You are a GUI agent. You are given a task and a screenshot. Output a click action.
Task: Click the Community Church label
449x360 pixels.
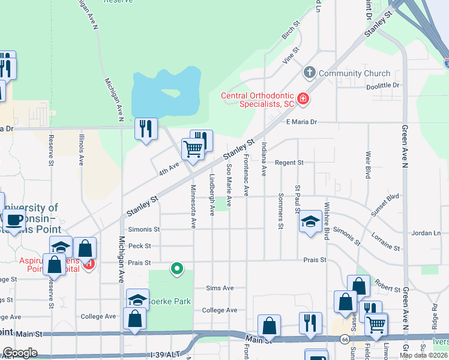coord(354,73)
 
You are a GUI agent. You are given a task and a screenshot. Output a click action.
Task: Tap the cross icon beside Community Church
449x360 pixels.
coord(310,73)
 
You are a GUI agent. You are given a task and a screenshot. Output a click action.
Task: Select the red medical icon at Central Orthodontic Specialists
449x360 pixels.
coord(303,98)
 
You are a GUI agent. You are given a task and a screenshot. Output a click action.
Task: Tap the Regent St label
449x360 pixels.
coord(289,163)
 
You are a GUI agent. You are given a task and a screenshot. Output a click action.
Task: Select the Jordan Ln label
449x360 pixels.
coord(426,233)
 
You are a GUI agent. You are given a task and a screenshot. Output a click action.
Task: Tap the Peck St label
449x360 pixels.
coord(139,246)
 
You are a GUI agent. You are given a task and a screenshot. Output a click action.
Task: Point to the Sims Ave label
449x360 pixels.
coord(220,288)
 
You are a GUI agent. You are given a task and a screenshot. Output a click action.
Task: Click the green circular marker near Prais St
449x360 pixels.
coord(176,268)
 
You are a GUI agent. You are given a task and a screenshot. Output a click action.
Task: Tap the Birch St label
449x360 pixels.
coord(291,32)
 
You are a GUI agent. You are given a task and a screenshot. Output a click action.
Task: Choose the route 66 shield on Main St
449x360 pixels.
coord(345,339)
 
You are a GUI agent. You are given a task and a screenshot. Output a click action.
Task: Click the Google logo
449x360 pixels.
coord(20,353)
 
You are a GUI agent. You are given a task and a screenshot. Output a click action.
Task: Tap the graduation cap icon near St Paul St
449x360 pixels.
coord(310,222)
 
